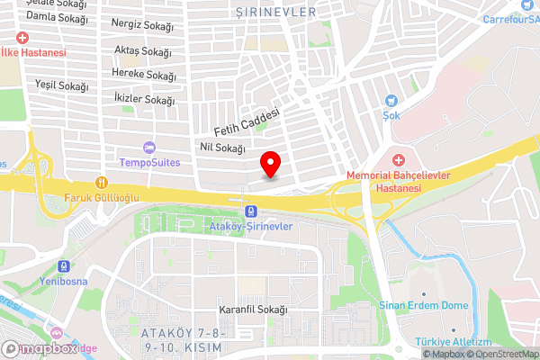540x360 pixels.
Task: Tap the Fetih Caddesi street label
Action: [247, 124]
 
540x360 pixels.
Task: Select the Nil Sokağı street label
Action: [220, 147]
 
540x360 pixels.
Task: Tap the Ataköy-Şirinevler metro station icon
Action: [247, 211]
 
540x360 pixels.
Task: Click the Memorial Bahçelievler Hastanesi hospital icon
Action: [398, 159]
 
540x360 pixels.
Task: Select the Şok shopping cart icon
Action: [391, 102]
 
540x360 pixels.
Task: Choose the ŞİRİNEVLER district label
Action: [275, 12]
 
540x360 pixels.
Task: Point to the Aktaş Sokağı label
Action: [144, 51]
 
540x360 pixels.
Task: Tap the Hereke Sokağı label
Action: [144, 75]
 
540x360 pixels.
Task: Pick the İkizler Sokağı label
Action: [144, 100]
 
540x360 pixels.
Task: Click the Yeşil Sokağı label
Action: [61, 86]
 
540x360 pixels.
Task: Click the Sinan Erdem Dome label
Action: [424, 306]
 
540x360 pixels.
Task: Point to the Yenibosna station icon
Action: [63, 266]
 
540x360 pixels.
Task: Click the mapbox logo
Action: [40, 348]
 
